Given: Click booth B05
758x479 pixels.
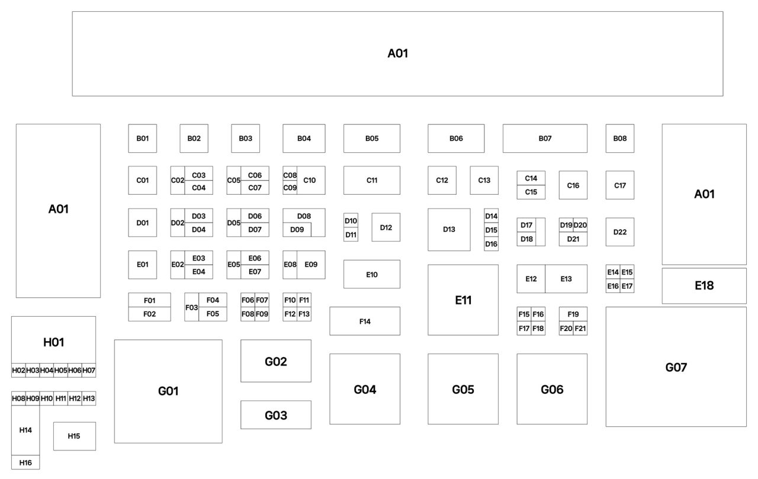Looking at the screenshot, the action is click(x=371, y=139).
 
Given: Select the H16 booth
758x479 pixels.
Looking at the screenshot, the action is click(x=25, y=462).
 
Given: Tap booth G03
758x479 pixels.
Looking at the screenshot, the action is click(x=276, y=414).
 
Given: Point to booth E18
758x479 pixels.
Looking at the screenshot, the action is click(x=704, y=286).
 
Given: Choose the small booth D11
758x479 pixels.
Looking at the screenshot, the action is click(x=351, y=234).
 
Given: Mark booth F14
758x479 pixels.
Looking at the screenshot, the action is click(x=365, y=321).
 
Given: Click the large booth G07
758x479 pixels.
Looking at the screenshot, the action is click(x=676, y=367).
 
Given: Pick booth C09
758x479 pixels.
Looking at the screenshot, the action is click(x=290, y=188).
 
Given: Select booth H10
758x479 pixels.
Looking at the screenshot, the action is click(x=47, y=398).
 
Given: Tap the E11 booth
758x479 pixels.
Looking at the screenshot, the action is click(x=463, y=300).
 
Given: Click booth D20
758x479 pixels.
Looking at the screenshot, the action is click(x=580, y=225).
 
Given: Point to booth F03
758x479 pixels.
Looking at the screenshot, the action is click(x=191, y=307).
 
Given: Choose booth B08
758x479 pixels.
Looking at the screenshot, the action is click(x=620, y=139).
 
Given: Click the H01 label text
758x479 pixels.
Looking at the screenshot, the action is click(x=53, y=342).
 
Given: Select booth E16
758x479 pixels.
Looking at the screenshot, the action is click(x=613, y=286).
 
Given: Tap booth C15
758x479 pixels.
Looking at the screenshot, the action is click(x=531, y=192).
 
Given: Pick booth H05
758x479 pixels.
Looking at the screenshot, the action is click(x=60, y=370).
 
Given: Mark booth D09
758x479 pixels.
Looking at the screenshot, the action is click(x=297, y=230).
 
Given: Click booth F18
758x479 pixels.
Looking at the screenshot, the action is click(x=538, y=328).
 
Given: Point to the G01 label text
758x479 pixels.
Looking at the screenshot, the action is click(x=168, y=391).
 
